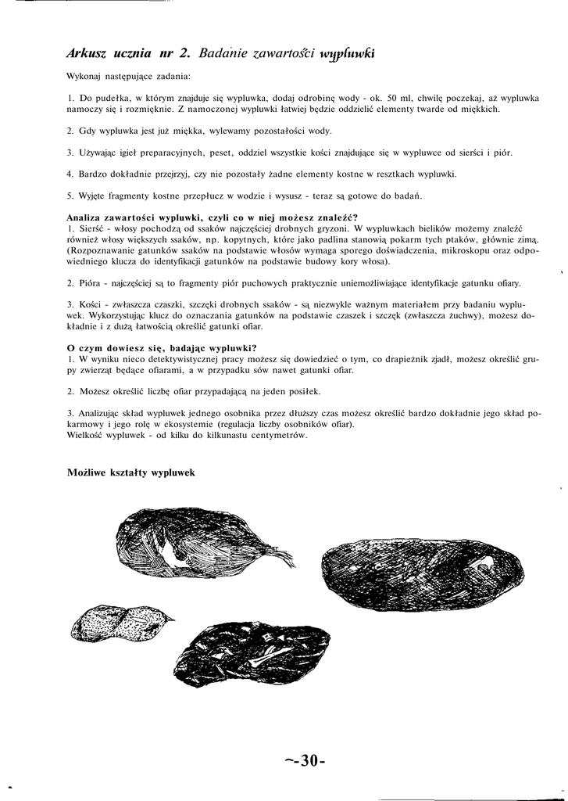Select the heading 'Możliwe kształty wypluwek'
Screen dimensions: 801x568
coord(130,472)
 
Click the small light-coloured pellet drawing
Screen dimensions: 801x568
coord(120,622)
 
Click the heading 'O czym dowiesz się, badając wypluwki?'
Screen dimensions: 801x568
coord(162,347)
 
